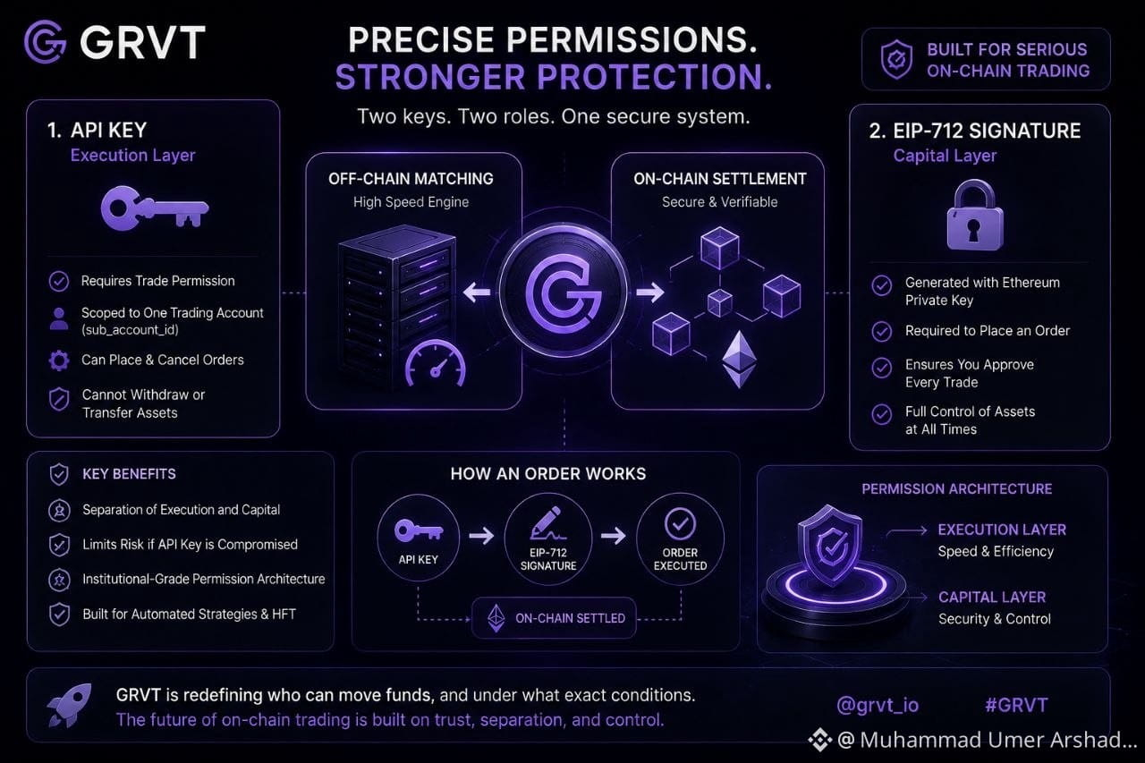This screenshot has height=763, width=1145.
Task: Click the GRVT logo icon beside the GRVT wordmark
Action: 45,42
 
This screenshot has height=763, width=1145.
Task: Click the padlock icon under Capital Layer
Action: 975,215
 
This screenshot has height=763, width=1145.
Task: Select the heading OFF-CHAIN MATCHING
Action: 411,179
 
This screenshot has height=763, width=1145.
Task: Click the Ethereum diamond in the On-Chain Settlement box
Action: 739,359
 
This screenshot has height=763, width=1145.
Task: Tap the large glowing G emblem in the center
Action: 564,292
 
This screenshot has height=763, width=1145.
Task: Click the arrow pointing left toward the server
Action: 477,292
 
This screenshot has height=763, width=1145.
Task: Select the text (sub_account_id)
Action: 130,330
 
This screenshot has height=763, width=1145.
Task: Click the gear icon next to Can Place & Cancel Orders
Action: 59,360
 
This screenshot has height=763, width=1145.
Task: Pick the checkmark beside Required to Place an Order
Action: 882,331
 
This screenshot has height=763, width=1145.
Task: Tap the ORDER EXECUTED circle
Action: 680,538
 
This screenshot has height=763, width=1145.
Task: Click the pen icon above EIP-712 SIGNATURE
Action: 547,523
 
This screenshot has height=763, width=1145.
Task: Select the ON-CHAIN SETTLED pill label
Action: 554,618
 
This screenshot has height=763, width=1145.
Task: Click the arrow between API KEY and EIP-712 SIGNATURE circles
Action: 481,536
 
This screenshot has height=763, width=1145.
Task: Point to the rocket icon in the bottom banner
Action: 69,705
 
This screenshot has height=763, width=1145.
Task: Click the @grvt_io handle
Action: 878,705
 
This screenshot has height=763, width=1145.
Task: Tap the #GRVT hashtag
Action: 1016,705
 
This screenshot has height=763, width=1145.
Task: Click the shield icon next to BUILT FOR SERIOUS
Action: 896,60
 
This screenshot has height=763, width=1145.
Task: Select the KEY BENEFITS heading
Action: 129,474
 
